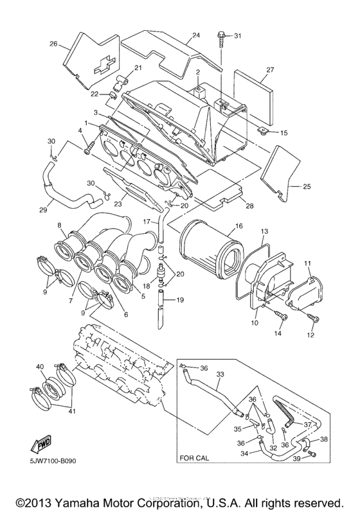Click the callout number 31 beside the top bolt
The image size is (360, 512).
click(x=238, y=35)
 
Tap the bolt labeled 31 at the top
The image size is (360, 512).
click(x=222, y=38)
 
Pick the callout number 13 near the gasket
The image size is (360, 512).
click(x=264, y=231)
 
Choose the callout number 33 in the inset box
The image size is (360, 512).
click(x=220, y=374)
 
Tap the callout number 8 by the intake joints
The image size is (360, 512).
click(x=59, y=225)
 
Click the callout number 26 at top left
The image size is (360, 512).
click(x=53, y=44)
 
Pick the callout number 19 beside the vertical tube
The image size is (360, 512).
click(x=180, y=299)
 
